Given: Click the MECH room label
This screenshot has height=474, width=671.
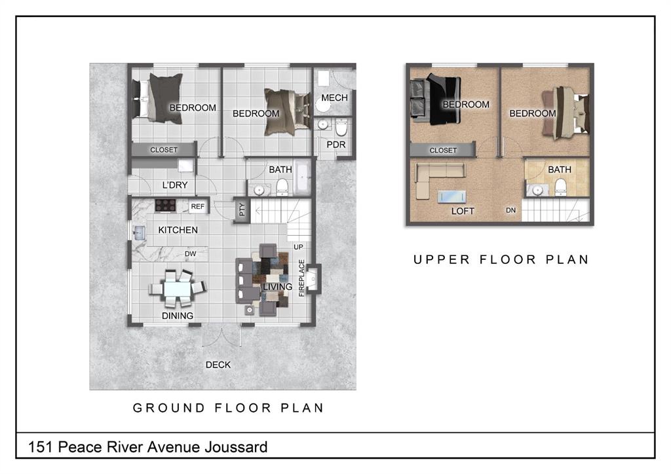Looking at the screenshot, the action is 334,98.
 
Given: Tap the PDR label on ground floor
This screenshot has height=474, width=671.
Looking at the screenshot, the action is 336,145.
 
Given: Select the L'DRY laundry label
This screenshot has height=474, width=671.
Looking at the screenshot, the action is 174,185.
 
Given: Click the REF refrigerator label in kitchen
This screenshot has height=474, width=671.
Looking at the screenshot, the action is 198,206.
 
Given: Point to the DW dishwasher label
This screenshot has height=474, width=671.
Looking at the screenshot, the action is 191,254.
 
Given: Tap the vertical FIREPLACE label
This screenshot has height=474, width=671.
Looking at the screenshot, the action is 301,278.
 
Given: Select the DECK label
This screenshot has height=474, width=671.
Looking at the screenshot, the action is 218,365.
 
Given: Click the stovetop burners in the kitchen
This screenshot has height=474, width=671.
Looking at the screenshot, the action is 165,206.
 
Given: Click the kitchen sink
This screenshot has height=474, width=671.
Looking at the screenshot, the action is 139,233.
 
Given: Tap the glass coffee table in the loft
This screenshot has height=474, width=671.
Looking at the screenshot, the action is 452,196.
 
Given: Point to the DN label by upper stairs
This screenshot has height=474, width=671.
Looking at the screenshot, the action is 511,210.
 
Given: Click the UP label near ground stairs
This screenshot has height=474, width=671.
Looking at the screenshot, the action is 298,247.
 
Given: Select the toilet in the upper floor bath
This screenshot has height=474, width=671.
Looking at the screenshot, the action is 561,187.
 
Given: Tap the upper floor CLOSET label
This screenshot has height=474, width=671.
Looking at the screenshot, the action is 444,151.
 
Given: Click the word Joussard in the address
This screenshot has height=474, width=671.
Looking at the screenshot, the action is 236,447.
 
